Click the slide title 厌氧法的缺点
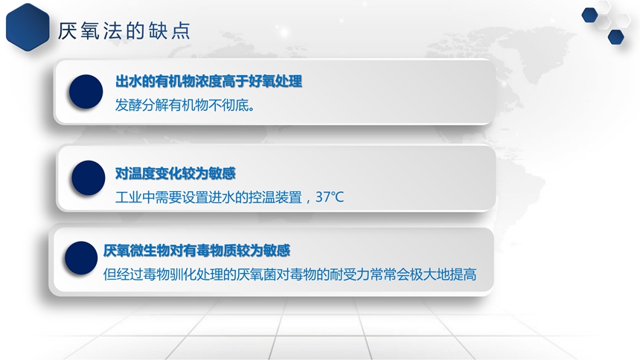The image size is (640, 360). click(124, 30)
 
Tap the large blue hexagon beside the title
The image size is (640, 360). click(28, 27)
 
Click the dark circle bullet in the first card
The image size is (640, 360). click(86, 91)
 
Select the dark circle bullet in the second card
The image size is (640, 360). click(88, 178)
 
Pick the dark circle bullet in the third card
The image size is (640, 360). click(81, 258)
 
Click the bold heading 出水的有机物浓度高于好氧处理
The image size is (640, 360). click(208, 81)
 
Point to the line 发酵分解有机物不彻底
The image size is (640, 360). click(185, 105)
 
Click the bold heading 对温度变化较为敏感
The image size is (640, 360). click(175, 173)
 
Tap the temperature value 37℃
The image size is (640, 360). click(330, 197)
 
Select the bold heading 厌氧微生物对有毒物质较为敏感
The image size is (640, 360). click(196, 250)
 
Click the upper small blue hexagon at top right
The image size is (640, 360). click(590, 15)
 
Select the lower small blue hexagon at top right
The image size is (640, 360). click(616, 36)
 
